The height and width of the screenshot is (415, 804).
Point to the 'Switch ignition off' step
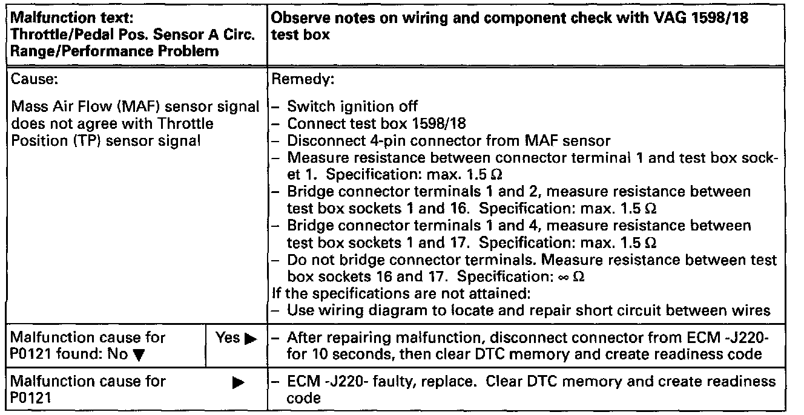tap(352, 107)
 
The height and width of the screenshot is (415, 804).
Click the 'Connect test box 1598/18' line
tap(376, 124)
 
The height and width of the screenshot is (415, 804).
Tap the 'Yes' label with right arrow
tap(232, 338)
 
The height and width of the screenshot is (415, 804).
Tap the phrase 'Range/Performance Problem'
tap(114, 51)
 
